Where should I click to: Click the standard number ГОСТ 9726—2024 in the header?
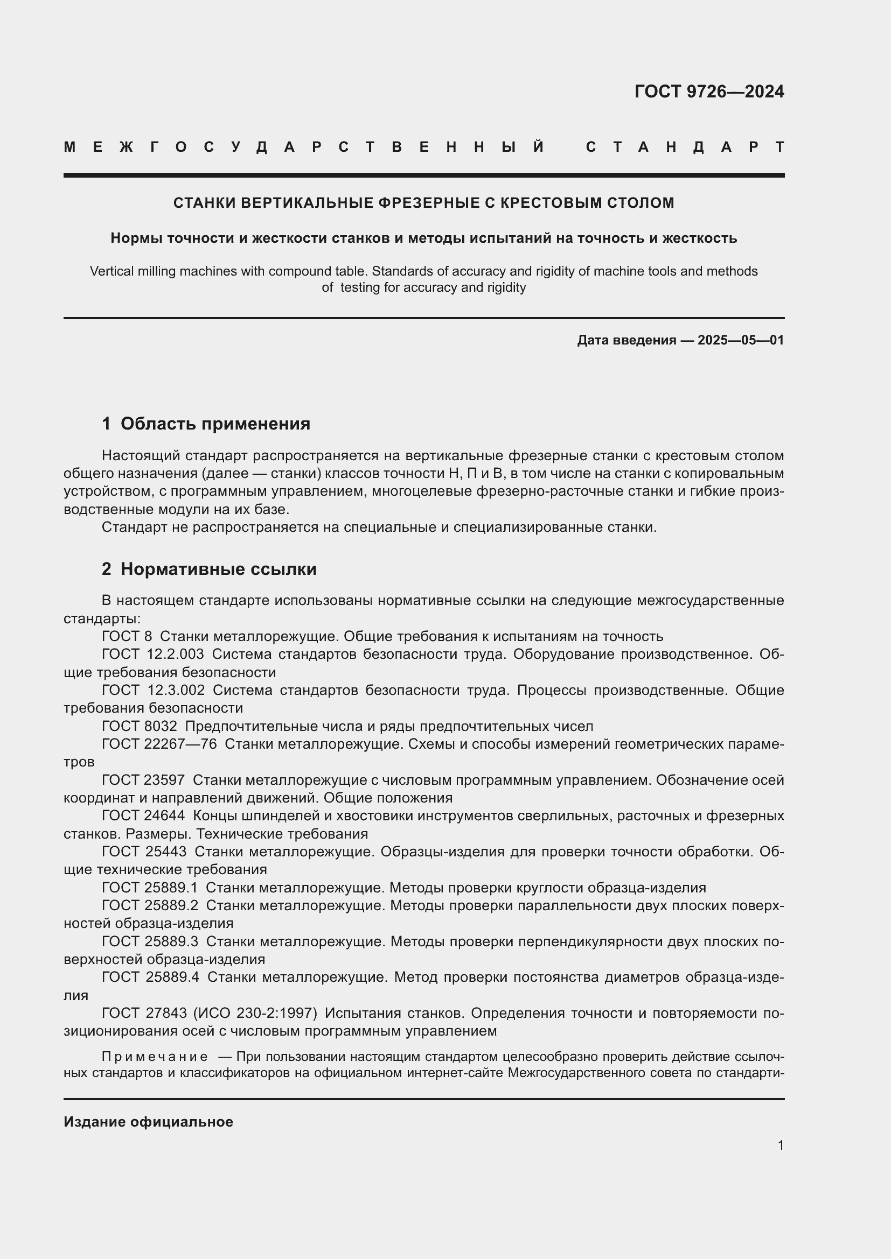(709, 92)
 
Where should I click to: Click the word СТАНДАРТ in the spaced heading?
(685, 147)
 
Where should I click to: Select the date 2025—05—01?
(741, 340)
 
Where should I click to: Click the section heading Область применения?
(215, 424)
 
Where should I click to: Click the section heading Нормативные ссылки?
(218, 569)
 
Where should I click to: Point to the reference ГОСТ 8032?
(140, 727)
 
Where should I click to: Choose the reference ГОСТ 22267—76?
(159, 744)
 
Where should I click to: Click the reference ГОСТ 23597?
(143, 780)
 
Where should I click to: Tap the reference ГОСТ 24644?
(143, 816)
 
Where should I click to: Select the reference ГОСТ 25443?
(144, 852)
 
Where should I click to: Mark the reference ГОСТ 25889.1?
(150, 888)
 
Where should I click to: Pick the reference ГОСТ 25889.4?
(150, 977)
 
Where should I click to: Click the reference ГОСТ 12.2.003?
(152, 654)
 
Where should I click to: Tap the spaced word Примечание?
(155, 1057)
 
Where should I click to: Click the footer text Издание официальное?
(148, 1122)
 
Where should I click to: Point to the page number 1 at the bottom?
(780, 1145)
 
